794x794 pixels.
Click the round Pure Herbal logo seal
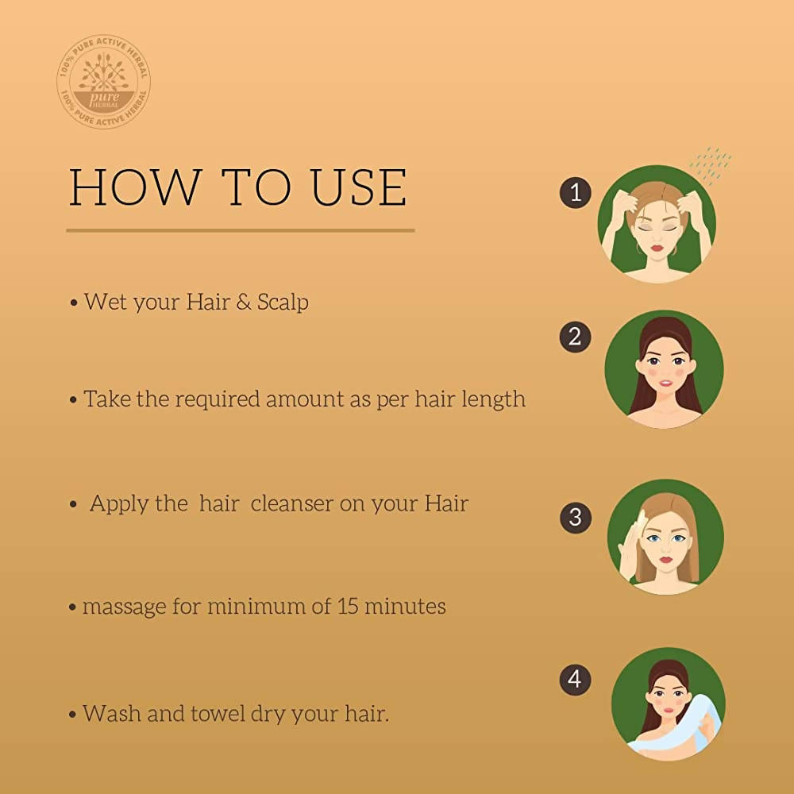point(103,82)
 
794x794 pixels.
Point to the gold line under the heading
point(240,231)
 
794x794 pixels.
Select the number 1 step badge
point(576,193)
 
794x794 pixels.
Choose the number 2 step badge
point(576,337)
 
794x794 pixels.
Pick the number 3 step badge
point(576,518)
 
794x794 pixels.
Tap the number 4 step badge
point(576,680)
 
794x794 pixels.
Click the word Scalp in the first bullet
point(283,303)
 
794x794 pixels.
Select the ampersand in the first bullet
point(241,303)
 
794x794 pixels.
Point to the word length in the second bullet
point(492,399)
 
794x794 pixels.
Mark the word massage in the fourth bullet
point(121,607)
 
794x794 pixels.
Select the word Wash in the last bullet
point(111,713)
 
